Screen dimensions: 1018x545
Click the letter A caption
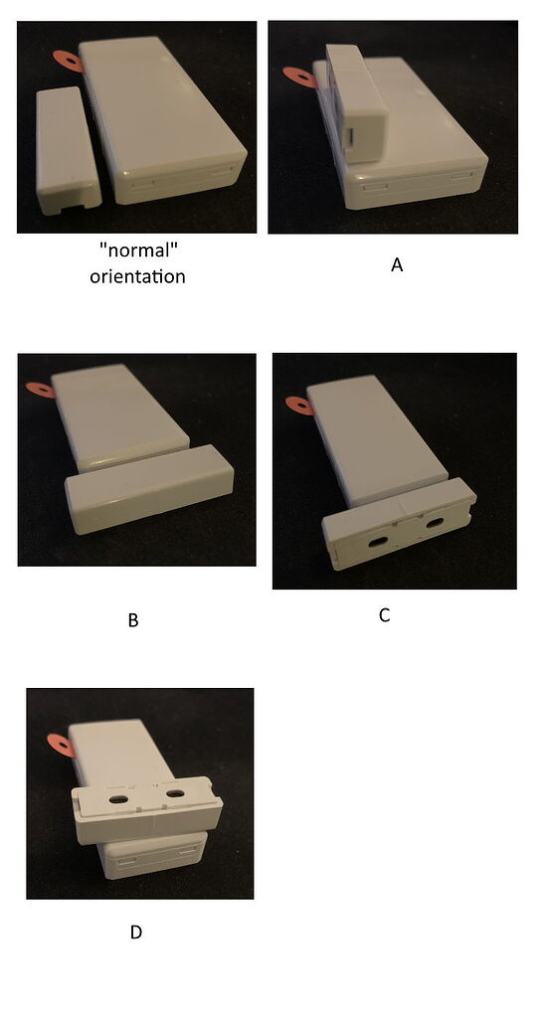396,265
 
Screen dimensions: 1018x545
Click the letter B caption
132,621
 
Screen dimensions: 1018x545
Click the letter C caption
384,615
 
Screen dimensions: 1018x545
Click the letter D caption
135,933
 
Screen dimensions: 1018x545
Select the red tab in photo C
296,404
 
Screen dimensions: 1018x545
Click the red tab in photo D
59,743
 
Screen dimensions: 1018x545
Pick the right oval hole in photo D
176,794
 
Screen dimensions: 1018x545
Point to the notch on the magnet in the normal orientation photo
70,209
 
